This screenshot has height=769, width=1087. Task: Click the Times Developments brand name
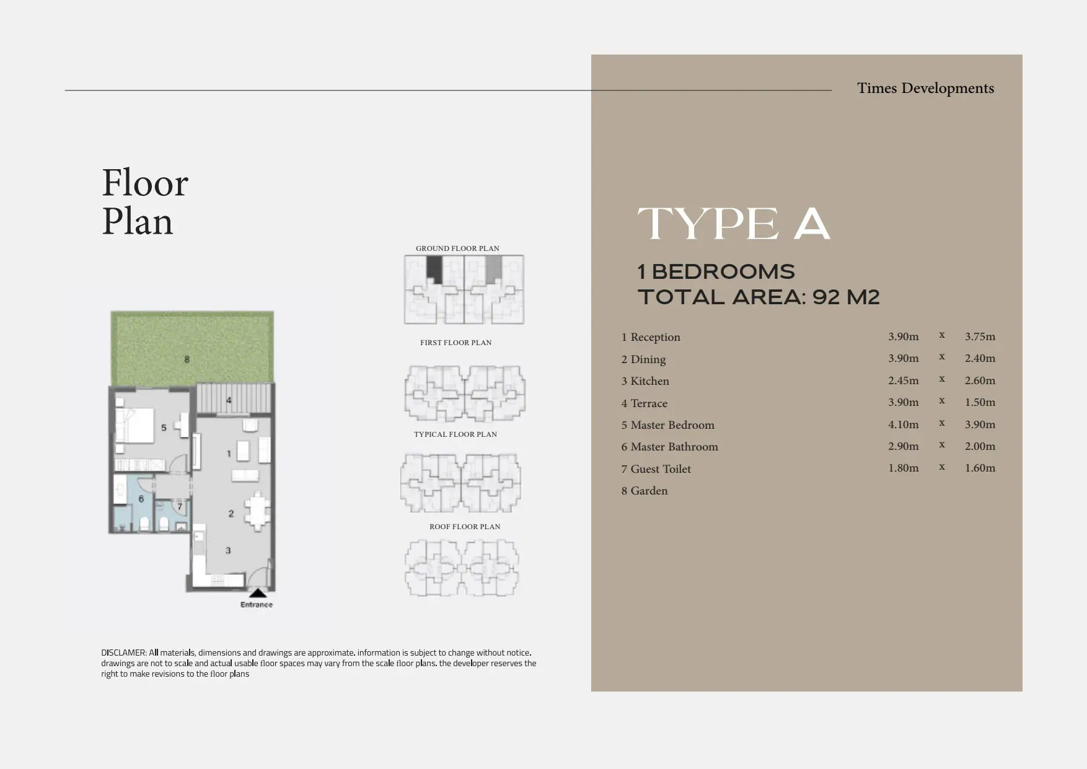[925, 88]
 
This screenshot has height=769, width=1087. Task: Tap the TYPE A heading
[734, 224]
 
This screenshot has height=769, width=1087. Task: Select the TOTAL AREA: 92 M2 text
[759, 297]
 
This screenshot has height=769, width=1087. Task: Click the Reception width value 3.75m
[980, 336]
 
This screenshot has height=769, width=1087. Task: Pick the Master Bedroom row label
[668, 425]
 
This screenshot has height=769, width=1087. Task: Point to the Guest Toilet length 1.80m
[904, 468]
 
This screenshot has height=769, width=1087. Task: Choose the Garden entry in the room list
[645, 491]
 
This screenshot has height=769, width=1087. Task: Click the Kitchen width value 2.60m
[980, 380]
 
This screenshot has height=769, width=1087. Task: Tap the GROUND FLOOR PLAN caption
[457, 248]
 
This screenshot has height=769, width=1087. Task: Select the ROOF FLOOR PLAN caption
[465, 527]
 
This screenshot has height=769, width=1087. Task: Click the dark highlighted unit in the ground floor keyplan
[434, 270]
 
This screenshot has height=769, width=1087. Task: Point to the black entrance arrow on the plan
[258, 594]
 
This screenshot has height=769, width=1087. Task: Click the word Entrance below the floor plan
[257, 605]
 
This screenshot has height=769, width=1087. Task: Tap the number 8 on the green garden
[187, 359]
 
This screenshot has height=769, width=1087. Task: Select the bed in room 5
[134, 425]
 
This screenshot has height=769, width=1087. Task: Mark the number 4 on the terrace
[229, 400]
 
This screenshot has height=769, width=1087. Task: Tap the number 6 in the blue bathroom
[141, 499]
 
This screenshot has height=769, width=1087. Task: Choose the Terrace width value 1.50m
[980, 402]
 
